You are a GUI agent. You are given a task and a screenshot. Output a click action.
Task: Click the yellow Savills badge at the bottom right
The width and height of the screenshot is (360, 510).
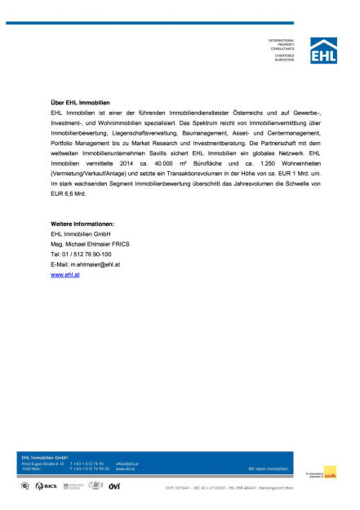click(329, 472)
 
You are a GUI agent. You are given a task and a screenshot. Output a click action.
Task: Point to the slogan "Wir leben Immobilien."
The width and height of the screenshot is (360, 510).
click(268, 469)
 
